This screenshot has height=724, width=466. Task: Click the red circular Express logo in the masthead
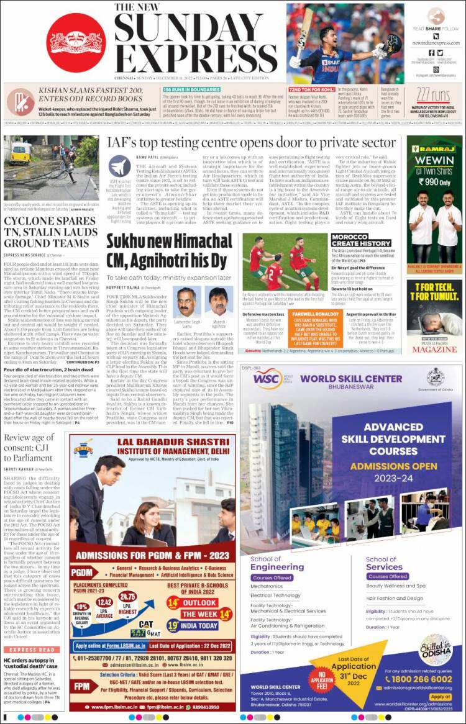[75, 42]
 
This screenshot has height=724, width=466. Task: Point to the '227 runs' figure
[433, 94]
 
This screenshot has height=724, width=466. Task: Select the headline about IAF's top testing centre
[252, 143]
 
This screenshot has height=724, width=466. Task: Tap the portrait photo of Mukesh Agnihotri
[214, 300]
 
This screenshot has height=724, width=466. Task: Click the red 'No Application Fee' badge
[323, 679]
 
